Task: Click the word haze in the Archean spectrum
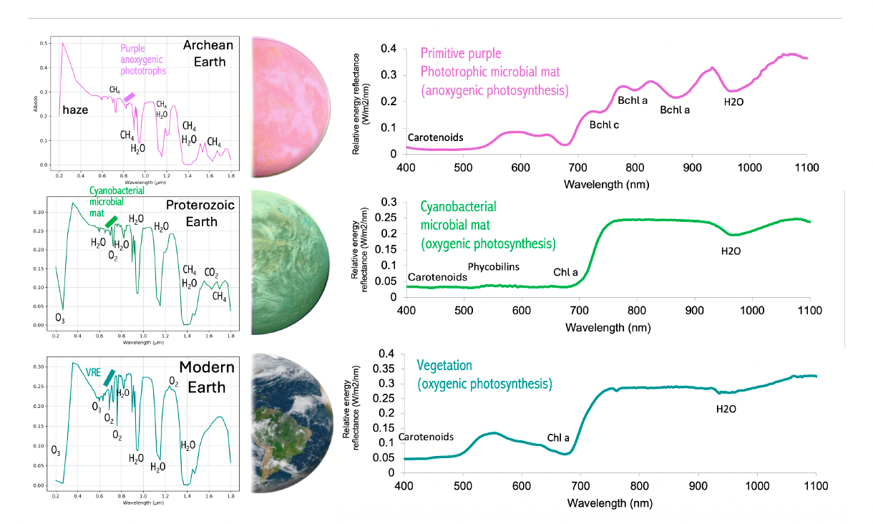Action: [76, 110]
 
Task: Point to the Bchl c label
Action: [604, 125]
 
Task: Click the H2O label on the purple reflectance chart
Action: [733, 101]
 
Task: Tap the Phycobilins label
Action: [494, 267]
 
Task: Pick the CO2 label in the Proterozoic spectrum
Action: [211, 273]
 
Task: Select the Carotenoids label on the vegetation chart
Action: [426, 437]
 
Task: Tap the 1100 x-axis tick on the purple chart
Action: [806, 167]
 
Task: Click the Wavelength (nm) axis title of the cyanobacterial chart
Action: [608, 327]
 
